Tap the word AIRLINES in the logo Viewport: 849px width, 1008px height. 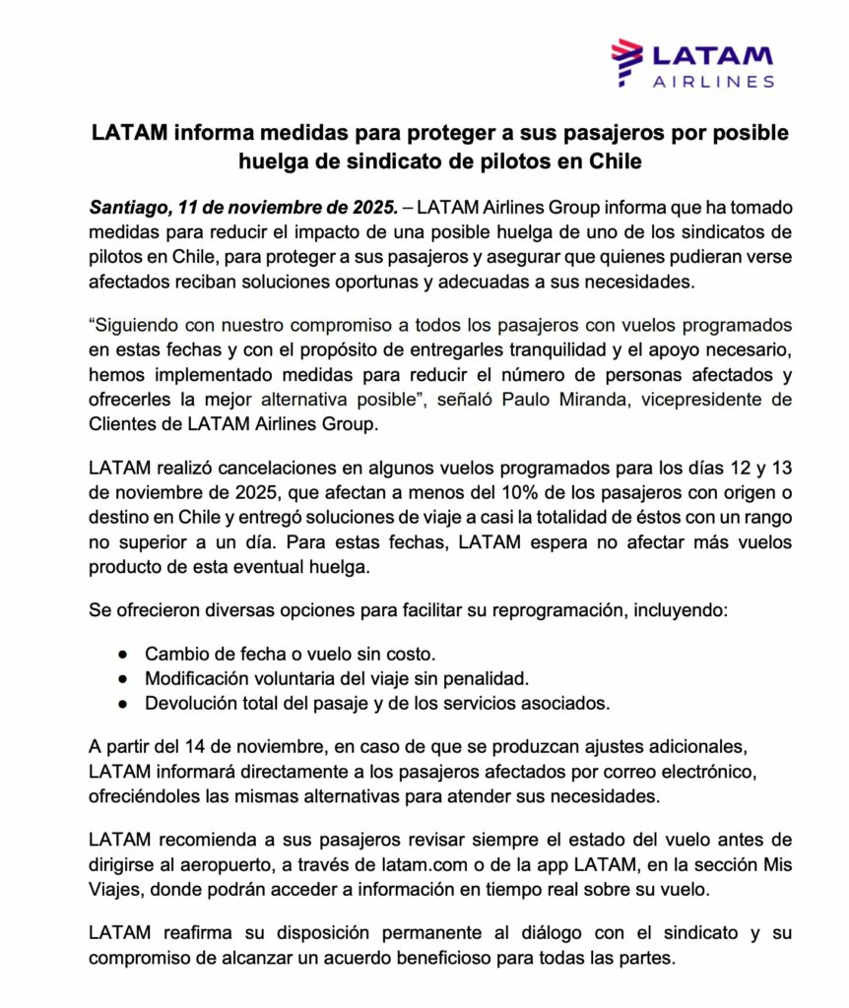pyautogui.click(x=713, y=82)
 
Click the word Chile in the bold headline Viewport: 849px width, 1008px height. pyautogui.click(x=614, y=160)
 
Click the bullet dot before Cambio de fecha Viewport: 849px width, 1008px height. pyautogui.click(x=122, y=654)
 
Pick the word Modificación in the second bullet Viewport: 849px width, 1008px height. pyautogui.click(x=198, y=678)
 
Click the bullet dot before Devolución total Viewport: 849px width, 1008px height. pyautogui.click(x=122, y=704)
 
